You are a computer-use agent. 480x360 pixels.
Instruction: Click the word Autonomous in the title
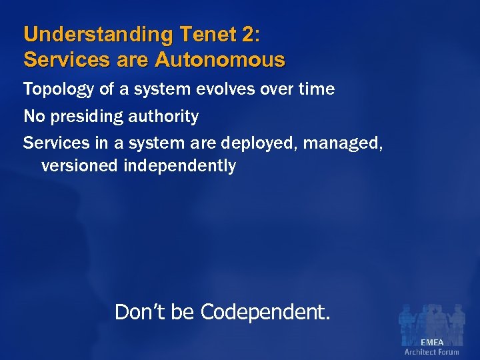click(x=220, y=60)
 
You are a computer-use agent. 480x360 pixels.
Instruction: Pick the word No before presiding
click(x=33, y=117)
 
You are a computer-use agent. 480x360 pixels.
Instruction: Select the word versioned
click(x=80, y=165)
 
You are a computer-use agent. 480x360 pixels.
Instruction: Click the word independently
click(x=180, y=166)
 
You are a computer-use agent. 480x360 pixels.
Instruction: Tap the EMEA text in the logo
click(x=431, y=343)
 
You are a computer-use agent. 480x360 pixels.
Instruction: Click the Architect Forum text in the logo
click(x=431, y=352)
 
